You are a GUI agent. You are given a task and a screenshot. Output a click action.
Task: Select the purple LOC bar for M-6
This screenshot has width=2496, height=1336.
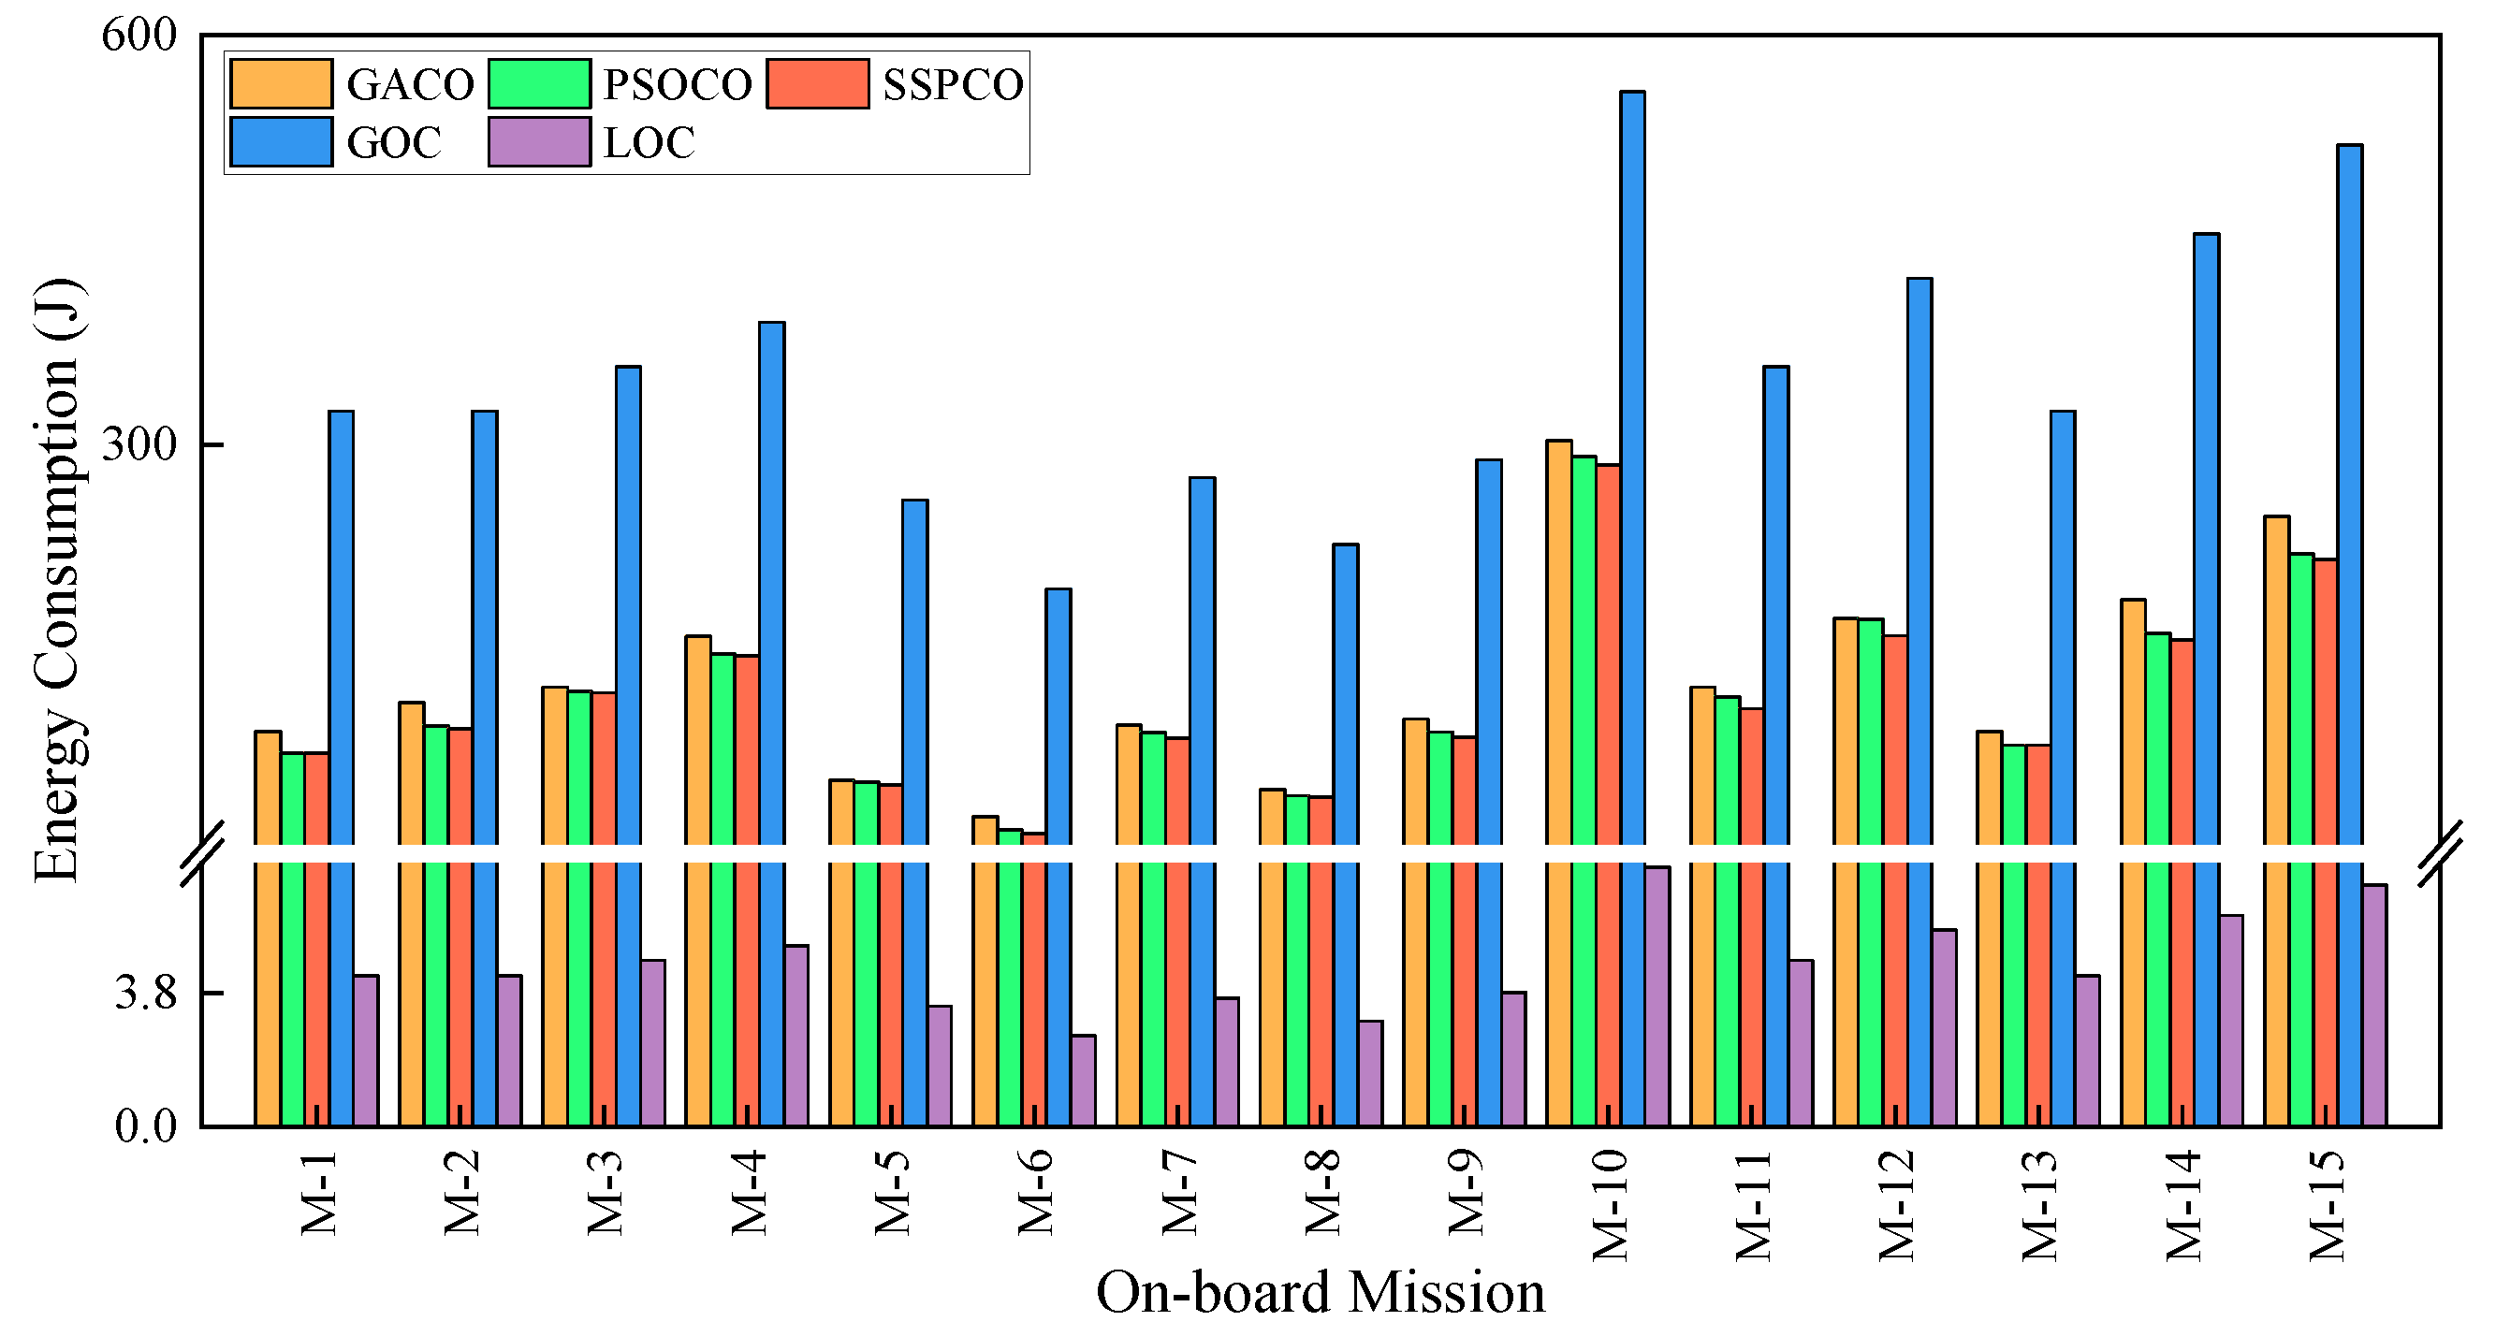(1083, 1080)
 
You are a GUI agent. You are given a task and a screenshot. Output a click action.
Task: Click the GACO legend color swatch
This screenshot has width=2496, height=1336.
(281, 83)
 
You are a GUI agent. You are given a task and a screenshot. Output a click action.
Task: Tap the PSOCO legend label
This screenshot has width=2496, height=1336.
(678, 85)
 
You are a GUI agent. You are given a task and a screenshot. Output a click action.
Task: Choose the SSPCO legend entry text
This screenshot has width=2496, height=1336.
(953, 85)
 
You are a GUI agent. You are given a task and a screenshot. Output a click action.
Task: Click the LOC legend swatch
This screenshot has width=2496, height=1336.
(539, 142)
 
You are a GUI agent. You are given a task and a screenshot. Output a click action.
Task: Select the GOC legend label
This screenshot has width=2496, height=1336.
(393, 143)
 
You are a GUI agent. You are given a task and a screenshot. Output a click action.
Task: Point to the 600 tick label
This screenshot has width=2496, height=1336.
(139, 36)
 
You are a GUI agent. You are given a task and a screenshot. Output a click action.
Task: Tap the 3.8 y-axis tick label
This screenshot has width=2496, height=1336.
(145, 993)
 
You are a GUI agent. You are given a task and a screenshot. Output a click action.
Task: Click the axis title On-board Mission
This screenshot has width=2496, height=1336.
(1320, 1292)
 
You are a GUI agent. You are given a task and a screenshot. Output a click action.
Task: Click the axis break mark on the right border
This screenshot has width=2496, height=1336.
(2440, 852)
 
